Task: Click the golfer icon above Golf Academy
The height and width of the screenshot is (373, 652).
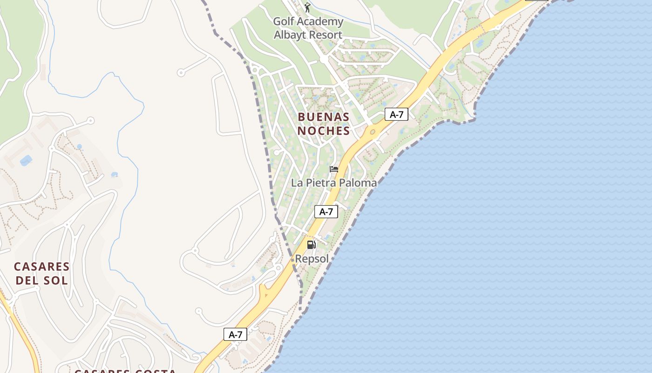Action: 307,7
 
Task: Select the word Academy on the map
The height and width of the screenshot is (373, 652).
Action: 321,21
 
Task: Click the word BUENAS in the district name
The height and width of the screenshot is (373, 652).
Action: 323,117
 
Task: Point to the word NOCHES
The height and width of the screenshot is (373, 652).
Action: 323,131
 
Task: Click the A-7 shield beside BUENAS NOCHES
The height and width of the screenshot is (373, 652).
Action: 396,114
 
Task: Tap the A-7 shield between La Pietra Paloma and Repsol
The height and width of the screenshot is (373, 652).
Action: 326,212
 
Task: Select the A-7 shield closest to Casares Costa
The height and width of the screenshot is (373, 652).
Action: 235,334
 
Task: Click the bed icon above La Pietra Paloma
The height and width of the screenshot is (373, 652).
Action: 333,169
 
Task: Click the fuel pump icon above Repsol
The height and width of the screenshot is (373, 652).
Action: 311,245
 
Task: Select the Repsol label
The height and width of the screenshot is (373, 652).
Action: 312,259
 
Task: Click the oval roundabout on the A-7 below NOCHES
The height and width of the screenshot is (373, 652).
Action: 373,132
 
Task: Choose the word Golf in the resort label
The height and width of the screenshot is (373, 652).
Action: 283,21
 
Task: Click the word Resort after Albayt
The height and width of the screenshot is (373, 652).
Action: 326,35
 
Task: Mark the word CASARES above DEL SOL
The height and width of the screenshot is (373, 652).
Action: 42,267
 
